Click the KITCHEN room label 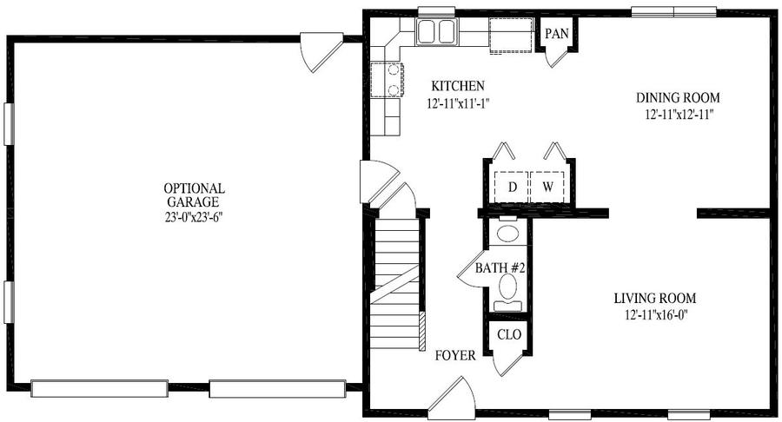(457, 86)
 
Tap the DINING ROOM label (678, 97)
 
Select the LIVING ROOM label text (655, 299)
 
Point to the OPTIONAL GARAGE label (194, 195)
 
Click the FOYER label (455, 356)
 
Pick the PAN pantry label (557, 34)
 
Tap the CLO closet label (509, 334)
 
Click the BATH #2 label (500, 268)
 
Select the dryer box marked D (511, 187)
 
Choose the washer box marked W (547, 187)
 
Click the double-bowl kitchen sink (436, 32)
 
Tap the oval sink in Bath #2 (508, 233)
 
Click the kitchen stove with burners (387, 79)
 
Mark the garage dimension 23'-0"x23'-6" (194, 218)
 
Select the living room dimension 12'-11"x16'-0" (655, 315)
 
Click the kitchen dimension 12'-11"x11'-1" (458, 103)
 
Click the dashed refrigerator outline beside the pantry (511, 36)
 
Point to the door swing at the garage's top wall (321, 52)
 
